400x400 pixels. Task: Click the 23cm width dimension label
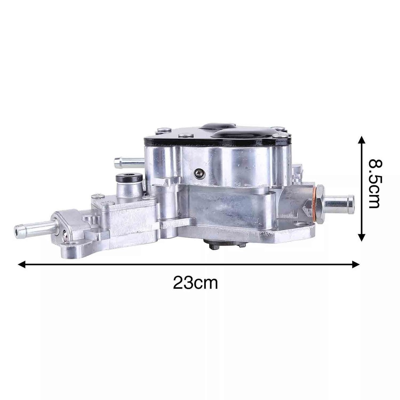(195, 282)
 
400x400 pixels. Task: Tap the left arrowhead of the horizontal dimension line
(22, 264)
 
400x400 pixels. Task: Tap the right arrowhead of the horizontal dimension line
(356, 264)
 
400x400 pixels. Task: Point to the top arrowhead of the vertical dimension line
(361, 140)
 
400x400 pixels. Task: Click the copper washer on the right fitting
(315, 204)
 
